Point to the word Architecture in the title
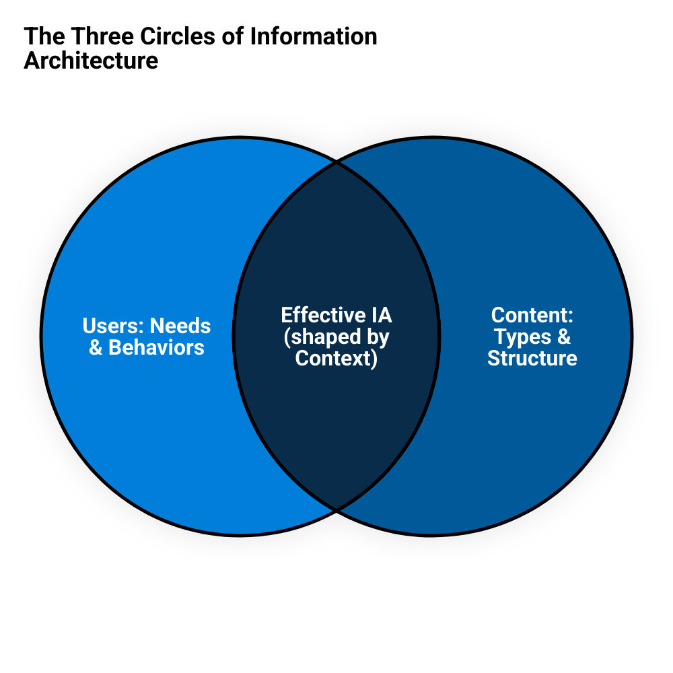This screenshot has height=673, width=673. pos(91,61)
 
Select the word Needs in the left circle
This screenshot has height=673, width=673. pos(180,326)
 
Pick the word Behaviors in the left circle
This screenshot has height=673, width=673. pos(156,348)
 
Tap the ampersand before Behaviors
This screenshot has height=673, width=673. pos(96,348)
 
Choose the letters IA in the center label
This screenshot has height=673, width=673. pos(380,315)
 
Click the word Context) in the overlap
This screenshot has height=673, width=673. pos(336,358)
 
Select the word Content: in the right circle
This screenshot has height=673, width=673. pos(532,315)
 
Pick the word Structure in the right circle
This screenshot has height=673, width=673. pos(532,358)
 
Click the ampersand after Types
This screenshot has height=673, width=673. pos(563,336)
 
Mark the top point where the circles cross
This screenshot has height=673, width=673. pos(336,162)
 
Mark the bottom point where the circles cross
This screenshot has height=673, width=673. pos(336,509)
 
